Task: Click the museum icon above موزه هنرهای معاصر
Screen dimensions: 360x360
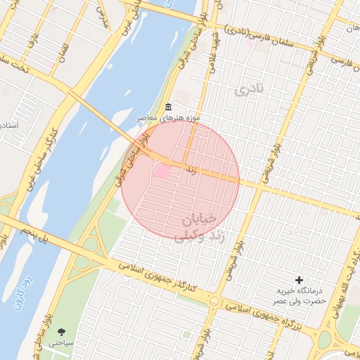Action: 167,107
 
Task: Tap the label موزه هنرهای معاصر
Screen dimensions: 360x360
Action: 169,117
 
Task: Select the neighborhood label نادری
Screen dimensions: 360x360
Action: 248,89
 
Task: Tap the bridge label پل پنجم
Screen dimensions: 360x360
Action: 35,236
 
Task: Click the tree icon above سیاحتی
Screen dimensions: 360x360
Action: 61,330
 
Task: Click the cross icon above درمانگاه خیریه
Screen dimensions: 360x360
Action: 300,280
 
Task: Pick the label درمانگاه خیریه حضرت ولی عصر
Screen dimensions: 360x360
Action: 300,295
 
